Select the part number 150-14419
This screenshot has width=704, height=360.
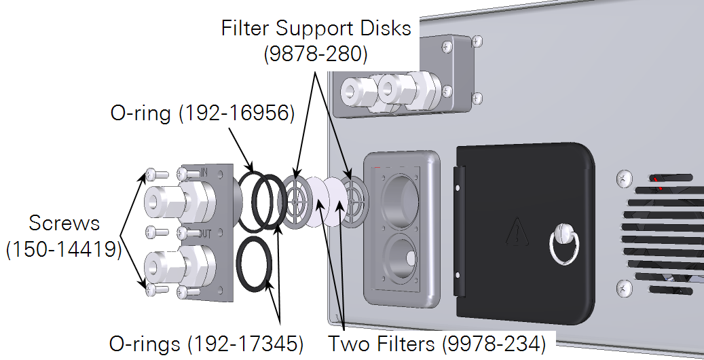coord(64,249)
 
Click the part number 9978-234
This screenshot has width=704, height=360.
coord(494,344)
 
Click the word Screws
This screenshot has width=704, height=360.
coord(64,223)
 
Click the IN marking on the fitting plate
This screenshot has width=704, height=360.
coord(204,174)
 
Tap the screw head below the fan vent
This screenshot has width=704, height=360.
coord(623,290)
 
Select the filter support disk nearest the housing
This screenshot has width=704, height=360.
coord(353,202)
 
